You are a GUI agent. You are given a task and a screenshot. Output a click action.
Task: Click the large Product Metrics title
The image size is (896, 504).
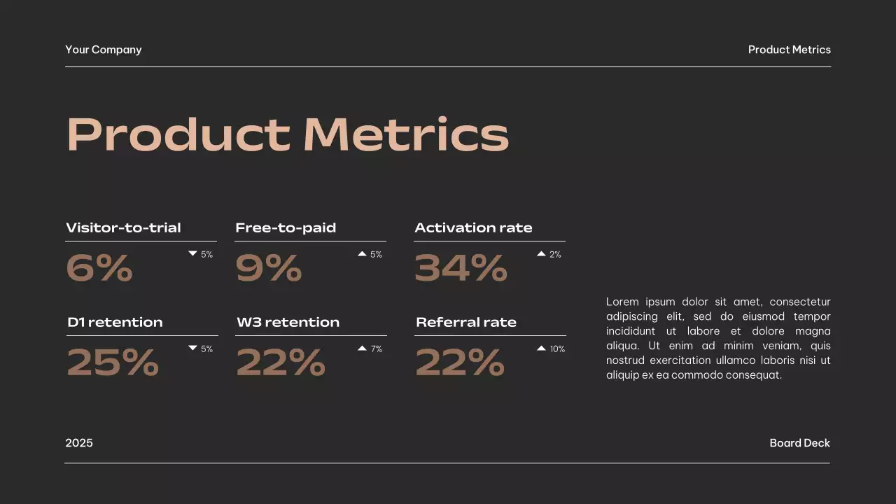pos(287,134)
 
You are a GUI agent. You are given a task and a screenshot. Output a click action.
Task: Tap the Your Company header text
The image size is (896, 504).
pos(104,50)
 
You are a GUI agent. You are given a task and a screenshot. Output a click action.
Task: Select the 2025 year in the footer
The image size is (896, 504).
pos(79,443)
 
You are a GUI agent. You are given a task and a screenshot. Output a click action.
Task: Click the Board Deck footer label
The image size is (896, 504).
pos(799,443)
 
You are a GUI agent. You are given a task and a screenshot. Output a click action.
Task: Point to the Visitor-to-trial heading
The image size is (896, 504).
pos(123,227)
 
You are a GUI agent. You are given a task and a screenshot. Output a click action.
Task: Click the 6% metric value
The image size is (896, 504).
pos(99,268)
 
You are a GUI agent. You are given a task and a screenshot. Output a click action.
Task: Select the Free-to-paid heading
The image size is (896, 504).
pos(286,227)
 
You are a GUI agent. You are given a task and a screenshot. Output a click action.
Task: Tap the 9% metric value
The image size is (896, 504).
pos(268,268)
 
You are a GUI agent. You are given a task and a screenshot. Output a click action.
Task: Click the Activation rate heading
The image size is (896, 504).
pos(473,227)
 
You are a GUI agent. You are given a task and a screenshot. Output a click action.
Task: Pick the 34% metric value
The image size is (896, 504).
pos(461,268)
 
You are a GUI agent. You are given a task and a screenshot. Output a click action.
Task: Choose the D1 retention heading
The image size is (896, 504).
pos(115,322)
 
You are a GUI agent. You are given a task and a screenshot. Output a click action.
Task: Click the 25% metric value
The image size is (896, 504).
pos(113,363)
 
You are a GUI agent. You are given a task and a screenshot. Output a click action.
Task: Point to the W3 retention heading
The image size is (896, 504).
pos(288,322)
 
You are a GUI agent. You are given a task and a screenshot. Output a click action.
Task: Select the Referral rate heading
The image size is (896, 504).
pos(466,322)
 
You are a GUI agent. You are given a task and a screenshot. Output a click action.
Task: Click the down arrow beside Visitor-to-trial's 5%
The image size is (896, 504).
pos(192,253)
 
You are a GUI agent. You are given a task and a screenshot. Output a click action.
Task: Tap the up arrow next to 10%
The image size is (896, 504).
pos(541,348)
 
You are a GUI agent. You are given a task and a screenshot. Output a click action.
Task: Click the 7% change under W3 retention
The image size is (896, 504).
pos(377,349)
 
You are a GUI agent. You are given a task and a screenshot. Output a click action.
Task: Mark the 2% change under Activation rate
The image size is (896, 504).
pos(555,254)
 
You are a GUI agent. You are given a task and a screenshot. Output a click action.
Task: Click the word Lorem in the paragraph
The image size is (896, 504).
pos(622,302)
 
